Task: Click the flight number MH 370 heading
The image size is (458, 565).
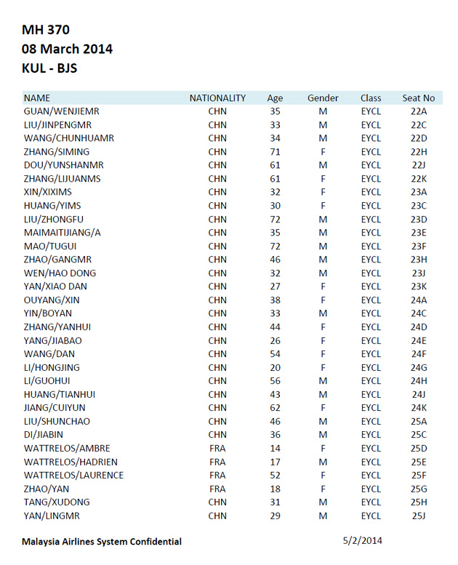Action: point(46,30)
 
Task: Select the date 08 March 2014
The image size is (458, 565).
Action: point(67,49)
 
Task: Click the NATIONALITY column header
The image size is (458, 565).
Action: point(217,98)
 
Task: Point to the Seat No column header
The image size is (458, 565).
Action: point(418,98)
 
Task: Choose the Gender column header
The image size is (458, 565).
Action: point(323,98)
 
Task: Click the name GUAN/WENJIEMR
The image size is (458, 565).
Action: point(61,112)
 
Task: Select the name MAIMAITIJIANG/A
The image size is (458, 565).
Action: point(63,233)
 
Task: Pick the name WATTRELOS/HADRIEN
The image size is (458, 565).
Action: point(71,462)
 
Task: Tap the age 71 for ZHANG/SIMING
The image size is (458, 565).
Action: point(275,152)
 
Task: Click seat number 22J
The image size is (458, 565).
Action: point(418,166)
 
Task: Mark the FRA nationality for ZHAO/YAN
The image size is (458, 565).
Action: point(217,489)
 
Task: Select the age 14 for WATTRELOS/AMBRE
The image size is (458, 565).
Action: point(275,449)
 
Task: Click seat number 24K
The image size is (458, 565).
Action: point(418,408)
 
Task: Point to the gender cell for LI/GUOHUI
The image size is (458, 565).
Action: point(323,381)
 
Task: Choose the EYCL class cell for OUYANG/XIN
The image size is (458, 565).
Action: point(371,300)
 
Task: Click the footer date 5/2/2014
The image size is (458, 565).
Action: point(362,540)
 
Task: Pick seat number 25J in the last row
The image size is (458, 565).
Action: point(418,516)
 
